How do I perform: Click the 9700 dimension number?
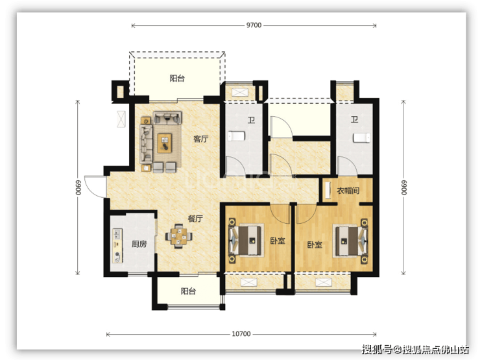(254, 25)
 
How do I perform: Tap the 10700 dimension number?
(241, 334)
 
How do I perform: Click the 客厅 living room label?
(201, 139)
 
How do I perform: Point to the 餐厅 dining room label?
(195, 219)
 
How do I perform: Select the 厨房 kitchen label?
(139, 244)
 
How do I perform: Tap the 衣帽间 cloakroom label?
(348, 191)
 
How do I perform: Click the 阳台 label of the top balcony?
(177, 78)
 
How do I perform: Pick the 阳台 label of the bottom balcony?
(188, 291)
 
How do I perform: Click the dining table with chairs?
(179, 236)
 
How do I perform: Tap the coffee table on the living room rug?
(164, 143)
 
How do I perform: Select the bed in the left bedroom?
(246, 240)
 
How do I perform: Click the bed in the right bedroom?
(350, 240)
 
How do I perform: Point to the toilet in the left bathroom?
(237, 136)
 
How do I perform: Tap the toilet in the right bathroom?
(361, 138)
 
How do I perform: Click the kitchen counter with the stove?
(117, 245)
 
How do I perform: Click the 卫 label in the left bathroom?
(251, 120)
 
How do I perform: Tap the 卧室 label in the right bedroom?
(315, 245)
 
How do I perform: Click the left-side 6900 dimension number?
(78, 187)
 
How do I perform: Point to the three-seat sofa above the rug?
(167, 118)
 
